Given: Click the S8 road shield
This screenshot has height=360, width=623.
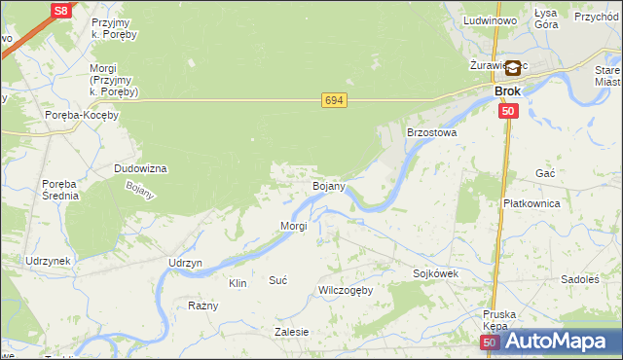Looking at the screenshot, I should coord(60,11).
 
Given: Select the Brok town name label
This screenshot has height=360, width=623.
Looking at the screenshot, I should coord(507,91).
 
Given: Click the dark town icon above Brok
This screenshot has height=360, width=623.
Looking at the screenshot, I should coord(512,69).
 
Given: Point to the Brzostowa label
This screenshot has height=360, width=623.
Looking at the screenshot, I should coord(431,131).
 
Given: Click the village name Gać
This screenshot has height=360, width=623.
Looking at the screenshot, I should coord(545,172).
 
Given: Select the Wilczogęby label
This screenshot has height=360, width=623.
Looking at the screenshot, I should coord(346,291).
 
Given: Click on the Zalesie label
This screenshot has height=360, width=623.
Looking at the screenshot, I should coord(292,332).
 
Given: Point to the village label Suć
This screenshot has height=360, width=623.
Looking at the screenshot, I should coord(277,280).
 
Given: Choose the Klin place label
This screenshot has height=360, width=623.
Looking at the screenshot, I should coord(238,283).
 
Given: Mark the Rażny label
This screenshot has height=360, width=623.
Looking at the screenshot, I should coord(203,306).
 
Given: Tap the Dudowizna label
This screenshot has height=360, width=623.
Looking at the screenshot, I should coord(141,168).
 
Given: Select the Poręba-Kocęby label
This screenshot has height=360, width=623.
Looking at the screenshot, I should coord(82,115).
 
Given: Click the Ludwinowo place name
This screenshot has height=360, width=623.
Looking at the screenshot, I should coord(490,19).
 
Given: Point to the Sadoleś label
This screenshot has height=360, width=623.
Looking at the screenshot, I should coord(580,279).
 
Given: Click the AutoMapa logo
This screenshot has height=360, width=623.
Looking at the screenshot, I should coord(555,341).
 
